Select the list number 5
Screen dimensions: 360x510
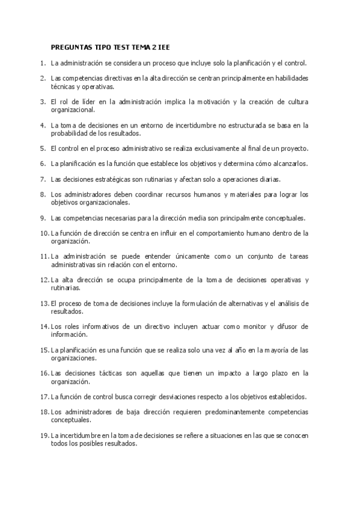[x=43, y=148]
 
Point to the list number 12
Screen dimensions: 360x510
[x=44, y=280]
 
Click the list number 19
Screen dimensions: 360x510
[x=44, y=435]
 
